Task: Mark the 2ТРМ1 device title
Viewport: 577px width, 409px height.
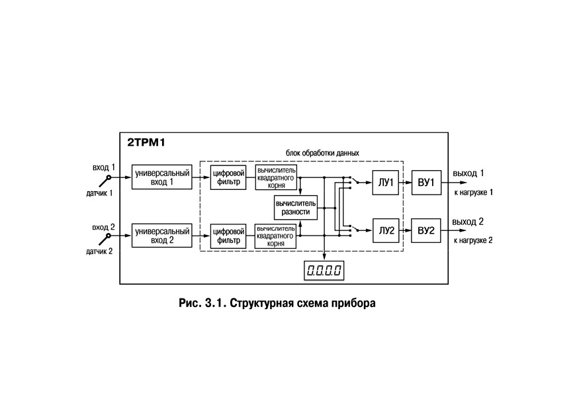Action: point(146,142)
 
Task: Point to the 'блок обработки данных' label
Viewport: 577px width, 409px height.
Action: point(322,153)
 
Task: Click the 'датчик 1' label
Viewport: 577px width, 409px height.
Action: point(99,193)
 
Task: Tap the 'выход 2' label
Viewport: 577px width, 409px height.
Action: point(468,222)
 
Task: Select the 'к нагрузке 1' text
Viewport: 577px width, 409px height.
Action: point(473,192)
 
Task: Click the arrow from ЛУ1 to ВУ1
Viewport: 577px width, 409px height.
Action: point(405,183)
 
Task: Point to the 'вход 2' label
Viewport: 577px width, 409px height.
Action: point(103,227)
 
